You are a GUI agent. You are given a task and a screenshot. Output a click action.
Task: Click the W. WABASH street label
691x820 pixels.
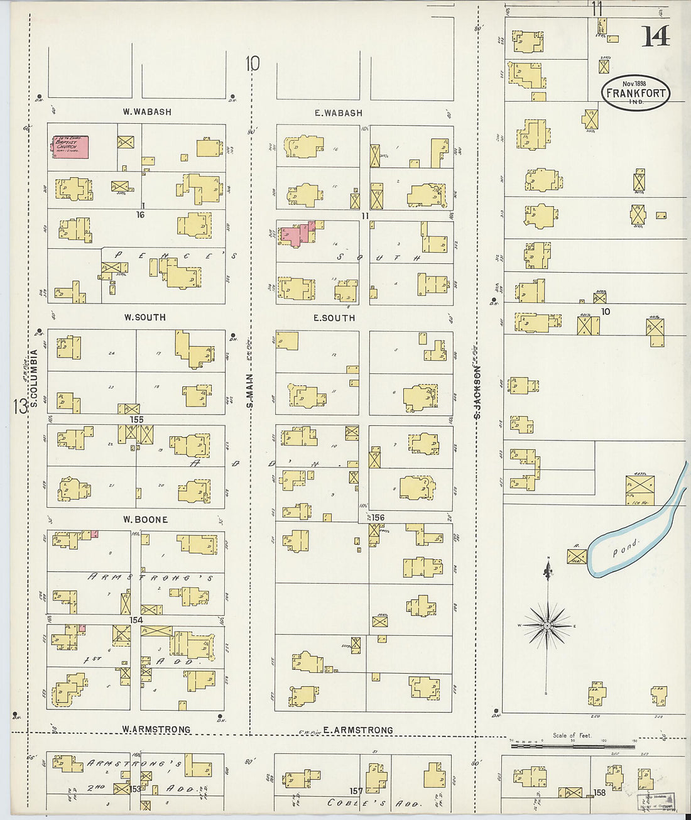coord(147,112)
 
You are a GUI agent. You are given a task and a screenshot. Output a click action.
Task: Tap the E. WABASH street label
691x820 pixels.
coord(339,113)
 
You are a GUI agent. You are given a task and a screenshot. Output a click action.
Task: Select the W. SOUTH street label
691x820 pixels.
coord(145,317)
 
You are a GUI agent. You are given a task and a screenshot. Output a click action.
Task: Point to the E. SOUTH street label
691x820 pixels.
coord(334,318)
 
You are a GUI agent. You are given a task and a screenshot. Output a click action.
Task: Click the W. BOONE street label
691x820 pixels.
coord(145,520)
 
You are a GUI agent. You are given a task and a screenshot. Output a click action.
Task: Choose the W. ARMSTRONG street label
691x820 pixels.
coord(156,730)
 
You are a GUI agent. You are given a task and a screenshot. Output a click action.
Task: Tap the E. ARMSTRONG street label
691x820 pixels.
coord(357,730)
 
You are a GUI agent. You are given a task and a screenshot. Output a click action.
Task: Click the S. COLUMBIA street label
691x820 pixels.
coord(35,378)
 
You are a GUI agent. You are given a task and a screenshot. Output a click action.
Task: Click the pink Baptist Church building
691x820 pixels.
coord(70,147)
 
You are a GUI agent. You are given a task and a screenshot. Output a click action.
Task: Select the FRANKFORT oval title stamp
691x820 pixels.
coord(636,94)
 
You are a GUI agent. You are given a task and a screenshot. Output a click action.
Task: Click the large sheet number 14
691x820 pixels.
coord(655,37)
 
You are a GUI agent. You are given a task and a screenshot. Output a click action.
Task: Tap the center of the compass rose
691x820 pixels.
coord(548,626)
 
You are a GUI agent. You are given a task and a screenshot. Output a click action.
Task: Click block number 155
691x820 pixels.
coord(136,419)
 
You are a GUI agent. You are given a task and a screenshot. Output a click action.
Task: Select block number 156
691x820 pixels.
coord(378,518)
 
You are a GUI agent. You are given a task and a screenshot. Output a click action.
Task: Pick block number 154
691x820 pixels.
coord(136,620)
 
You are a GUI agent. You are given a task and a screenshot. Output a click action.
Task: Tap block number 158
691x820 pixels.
coord(599,793)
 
